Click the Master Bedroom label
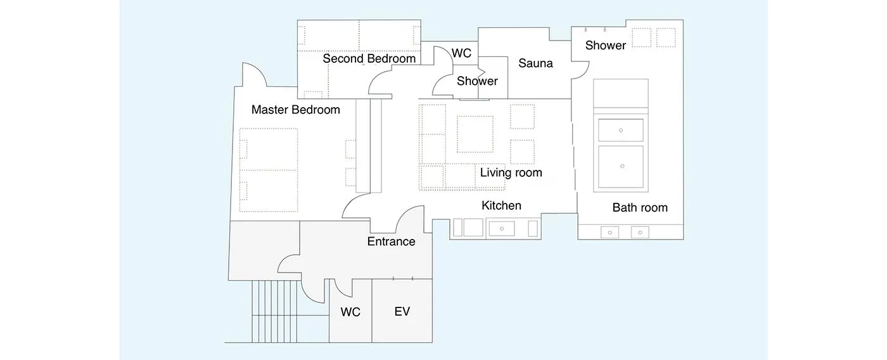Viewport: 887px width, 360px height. pyautogui.click(x=295, y=110)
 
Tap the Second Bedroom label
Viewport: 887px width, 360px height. pyautogui.click(x=369, y=58)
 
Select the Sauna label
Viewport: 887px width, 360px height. pyautogui.click(x=535, y=63)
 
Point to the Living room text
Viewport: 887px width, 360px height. pyautogui.click(x=511, y=172)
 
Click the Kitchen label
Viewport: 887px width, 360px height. pyautogui.click(x=501, y=205)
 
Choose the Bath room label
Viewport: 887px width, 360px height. pyautogui.click(x=640, y=207)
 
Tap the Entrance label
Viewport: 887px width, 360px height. pyautogui.click(x=392, y=241)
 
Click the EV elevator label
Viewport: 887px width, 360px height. pyautogui.click(x=402, y=311)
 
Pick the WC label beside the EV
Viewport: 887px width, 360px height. pyautogui.click(x=350, y=312)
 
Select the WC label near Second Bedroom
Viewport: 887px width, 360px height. pyautogui.click(x=461, y=53)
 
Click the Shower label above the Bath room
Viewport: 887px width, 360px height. pyautogui.click(x=606, y=46)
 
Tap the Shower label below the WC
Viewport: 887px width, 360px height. pyautogui.click(x=477, y=81)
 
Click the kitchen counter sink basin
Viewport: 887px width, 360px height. pyautogui.click(x=502, y=229)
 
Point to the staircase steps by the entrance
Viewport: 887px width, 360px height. pyautogui.click(x=274, y=311)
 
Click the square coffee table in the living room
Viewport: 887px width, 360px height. pyautogui.click(x=475, y=134)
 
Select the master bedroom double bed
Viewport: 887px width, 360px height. pyautogui.click(x=269, y=170)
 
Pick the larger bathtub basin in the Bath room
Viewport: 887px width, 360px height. pyautogui.click(x=620, y=167)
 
